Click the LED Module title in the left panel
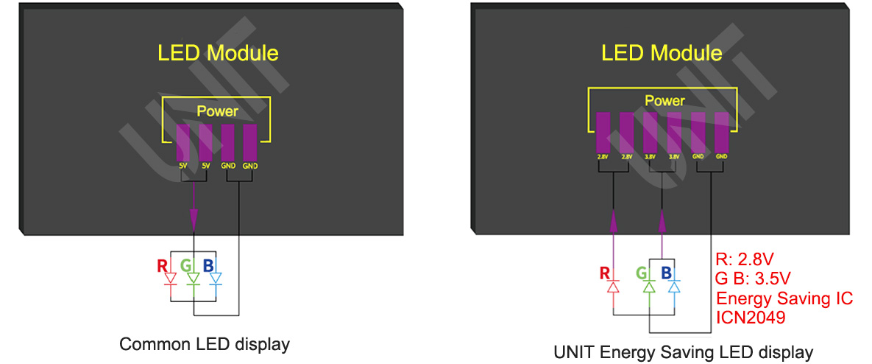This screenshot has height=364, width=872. coord(218,53)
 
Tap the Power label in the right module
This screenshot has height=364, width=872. coord(664,101)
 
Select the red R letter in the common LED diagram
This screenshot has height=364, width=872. coord(163,264)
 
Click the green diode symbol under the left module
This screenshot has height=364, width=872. coord(193,279)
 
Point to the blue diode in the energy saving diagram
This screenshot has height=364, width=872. coord(673,288)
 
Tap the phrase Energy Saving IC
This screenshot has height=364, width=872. coord(784,298)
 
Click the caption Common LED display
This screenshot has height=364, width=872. coord(205,344)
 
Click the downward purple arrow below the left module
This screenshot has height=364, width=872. coord(193,218)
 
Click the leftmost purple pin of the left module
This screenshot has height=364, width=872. coord(183,143)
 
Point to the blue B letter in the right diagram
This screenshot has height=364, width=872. coord(666,273)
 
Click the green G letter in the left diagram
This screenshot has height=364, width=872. coord(187,264)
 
